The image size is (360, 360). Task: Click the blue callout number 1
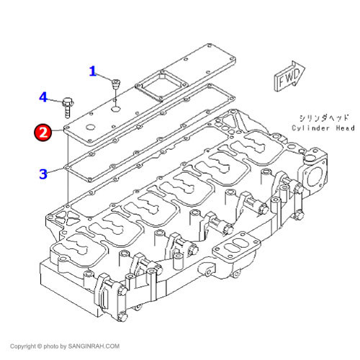tap(93, 71)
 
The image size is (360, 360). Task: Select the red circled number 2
tap(43, 132)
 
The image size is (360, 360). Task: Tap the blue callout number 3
tap(43, 174)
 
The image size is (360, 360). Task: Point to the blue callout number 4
tap(43, 97)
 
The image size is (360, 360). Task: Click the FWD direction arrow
tap(289, 76)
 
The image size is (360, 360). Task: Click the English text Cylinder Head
tap(323, 128)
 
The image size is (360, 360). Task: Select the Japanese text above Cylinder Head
tap(324, 118)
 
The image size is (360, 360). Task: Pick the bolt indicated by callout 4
tap(68, 107)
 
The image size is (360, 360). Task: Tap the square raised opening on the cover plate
tap(161, 86)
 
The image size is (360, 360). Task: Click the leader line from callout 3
tap(56, 171)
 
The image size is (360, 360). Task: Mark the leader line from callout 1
tap(104, 76)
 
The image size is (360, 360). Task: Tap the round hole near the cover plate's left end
tap(91, 127)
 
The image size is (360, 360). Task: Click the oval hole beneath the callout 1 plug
tap(116, 109)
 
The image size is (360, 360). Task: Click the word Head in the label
tap(345, 128)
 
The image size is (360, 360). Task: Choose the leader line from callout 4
tap(55, 99)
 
